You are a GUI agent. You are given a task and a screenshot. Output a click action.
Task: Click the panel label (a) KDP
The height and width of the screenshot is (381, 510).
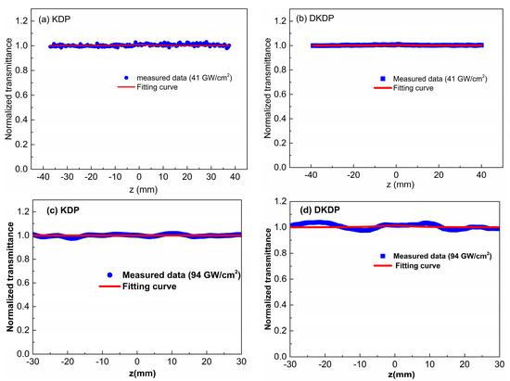coord(57,16)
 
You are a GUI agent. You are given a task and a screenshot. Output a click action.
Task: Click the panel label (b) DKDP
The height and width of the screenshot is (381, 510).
coord(314,19)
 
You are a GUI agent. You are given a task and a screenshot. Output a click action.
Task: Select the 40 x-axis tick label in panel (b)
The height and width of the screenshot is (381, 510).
coord(478,176)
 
